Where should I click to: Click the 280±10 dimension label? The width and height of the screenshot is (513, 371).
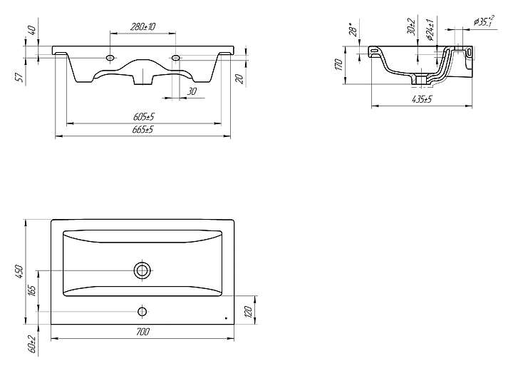[x=143, y=26]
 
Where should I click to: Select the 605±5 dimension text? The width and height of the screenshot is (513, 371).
[x=144, y=116]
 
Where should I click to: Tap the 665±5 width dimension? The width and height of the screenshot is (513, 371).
[x=144, y=130]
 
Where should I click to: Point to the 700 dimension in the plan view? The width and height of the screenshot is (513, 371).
[x=142, y=332]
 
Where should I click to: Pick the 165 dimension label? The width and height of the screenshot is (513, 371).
[x=32, y=291]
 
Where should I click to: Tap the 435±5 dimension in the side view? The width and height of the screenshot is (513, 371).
[x=423, y=99]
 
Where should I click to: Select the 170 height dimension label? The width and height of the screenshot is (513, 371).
[x=341, y=65]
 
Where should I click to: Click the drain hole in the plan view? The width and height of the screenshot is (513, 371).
[x=142, y=270]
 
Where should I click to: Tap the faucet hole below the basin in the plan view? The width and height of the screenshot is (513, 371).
[x=142, y=311]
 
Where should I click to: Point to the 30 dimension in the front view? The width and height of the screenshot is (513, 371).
[x=191, y=91]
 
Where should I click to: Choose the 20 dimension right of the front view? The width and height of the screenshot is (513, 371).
[x=239, y=78]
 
